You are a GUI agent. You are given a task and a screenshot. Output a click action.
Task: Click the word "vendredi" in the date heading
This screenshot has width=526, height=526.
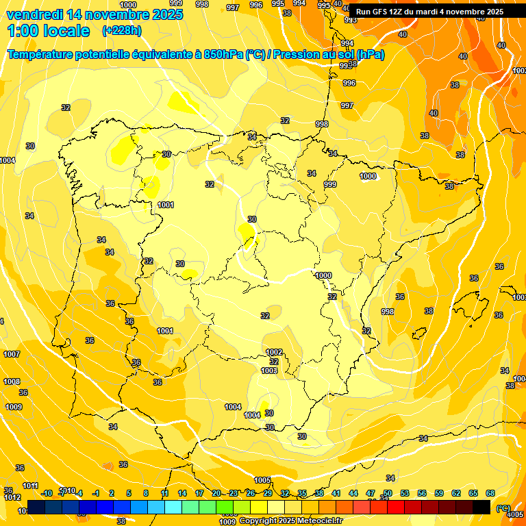pos(35,14)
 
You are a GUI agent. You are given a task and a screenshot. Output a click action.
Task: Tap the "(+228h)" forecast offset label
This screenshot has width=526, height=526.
pos(121,30)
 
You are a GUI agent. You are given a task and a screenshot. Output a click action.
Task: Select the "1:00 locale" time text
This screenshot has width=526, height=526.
pos(48,31)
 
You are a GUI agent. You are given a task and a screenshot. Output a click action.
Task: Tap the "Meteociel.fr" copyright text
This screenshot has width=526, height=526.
pos(318,521)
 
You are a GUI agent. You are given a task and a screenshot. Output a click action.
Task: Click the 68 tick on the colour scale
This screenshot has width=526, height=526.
pos(490,493)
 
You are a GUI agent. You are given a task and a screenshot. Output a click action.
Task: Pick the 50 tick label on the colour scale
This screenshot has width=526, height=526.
pos(388,493)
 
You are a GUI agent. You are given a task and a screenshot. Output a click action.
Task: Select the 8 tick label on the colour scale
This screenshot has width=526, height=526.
pos(146,493)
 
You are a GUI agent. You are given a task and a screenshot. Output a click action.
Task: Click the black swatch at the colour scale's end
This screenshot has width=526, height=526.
pos(481,506)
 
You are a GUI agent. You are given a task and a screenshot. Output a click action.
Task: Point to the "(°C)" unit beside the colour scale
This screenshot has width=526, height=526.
pos(503,508)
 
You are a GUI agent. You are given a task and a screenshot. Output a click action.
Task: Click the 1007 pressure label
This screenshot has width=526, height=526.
pos(11,354)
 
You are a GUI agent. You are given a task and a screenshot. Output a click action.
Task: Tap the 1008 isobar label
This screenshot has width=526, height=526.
pos(11,381)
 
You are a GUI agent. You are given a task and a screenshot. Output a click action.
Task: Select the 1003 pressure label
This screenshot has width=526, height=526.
pos(269,371)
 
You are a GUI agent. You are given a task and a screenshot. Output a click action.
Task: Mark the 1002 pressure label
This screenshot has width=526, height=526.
pos(274,352)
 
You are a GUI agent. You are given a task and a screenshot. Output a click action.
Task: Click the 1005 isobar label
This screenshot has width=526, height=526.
pos(262,480)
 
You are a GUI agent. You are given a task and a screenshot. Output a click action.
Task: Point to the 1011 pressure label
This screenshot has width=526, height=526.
pos(30,486)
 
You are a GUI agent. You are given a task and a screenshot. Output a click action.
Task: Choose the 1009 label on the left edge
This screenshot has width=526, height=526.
pos(14,407)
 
